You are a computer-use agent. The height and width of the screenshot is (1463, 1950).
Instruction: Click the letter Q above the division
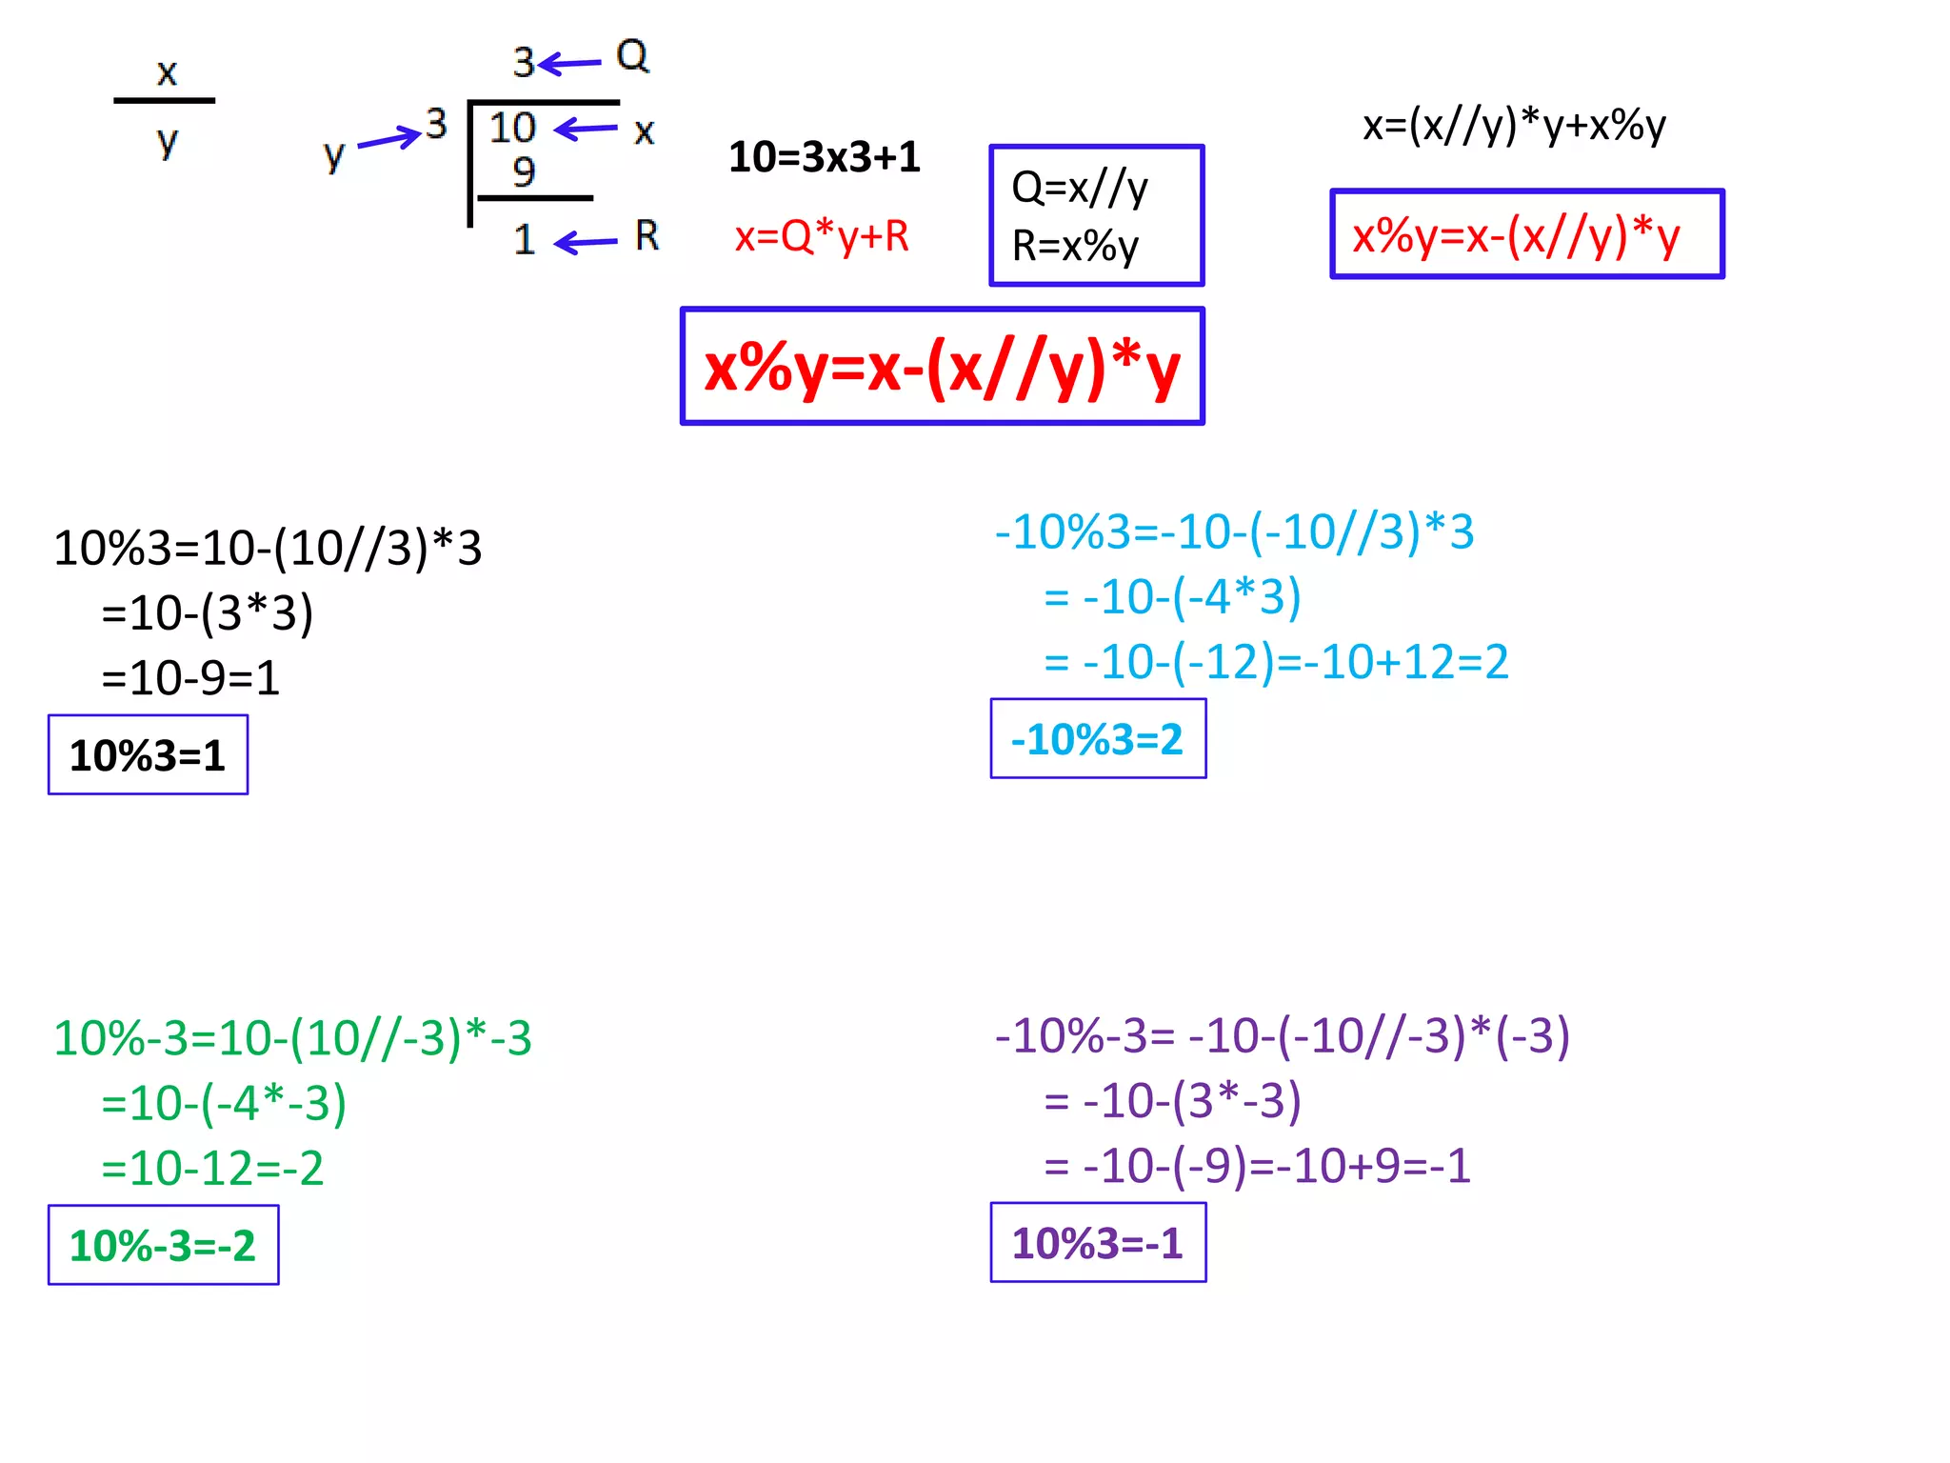(x=632, y=55)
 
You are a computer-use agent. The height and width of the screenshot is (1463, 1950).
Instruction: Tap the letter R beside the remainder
(x=647, y=235)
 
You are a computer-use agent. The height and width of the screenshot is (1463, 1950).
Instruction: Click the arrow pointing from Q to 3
(x=570, y=64)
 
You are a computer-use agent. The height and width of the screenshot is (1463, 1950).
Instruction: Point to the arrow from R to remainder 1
(x=586, y=242)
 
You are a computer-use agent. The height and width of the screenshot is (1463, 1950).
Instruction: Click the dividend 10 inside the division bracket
(x=512, y=128)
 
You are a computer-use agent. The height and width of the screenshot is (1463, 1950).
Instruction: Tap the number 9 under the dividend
(x=524, y=171)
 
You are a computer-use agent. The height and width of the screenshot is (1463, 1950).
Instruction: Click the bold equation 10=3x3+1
(x=825, y=157)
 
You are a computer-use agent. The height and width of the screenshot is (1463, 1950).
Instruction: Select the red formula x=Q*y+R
(x=822, y=236)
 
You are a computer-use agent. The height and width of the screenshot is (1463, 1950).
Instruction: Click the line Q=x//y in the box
(x=1080, y=188)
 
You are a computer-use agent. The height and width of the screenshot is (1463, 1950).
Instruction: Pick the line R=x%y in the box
(x=1075, y=246)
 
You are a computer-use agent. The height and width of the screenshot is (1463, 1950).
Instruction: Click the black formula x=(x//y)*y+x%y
(x=1514, y=125)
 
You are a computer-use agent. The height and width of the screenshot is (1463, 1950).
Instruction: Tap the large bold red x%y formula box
(x=943, y=367)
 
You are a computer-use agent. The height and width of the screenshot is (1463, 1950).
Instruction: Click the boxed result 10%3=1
(x=148, y=755)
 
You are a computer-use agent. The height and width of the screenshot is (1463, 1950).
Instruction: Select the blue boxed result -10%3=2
(x=1098, y=739)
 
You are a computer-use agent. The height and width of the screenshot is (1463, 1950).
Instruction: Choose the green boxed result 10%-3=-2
(x=163, y=1246)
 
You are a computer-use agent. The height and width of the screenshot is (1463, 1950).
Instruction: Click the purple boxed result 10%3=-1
(x=1098, y=1243)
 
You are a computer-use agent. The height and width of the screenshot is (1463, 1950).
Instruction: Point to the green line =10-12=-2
(x=212, y=1168)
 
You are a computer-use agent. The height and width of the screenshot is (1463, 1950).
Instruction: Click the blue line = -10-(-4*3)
(x=1172, y=597)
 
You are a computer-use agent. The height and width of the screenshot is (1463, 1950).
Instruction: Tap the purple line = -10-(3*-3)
(x=1172, y=1100)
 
